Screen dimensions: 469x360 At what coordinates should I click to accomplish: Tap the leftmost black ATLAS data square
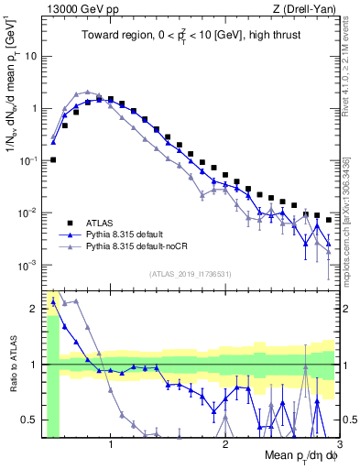pyautogui.click(x=53, y=159)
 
